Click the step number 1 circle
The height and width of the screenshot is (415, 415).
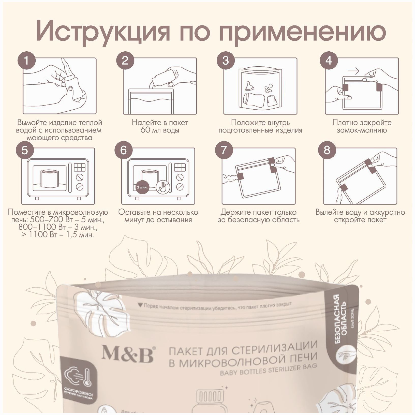26,61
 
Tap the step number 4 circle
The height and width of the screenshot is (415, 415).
329,61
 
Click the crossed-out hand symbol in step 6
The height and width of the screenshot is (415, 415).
162,187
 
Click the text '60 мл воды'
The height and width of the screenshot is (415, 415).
160,130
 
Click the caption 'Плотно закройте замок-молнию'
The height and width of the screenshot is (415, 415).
362,126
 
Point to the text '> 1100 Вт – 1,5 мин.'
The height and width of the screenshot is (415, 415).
58,234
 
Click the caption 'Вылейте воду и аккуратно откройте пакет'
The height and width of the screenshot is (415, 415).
360,216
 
